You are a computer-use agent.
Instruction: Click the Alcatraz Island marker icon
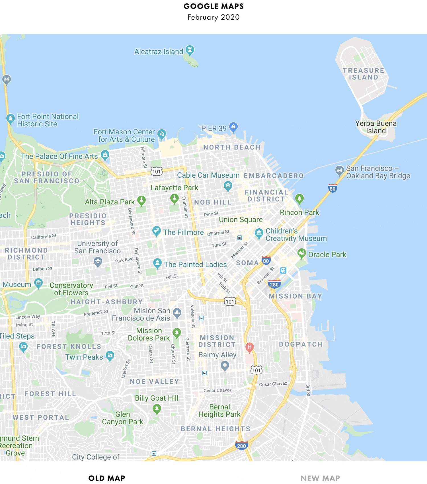[x=190, y=50]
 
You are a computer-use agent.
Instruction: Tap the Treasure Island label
[x=364, y=74]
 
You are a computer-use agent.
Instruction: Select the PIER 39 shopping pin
[x=233, y=127]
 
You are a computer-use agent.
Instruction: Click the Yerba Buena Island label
[x=376, y=127]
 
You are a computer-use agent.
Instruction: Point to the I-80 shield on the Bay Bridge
[x=332, y=188]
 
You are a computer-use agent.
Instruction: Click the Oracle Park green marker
[x=301, y=253]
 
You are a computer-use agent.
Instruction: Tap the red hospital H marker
[x=249, y=347]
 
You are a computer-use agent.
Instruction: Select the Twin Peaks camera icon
[x=110, y=356]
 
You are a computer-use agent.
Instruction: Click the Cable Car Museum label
[x=208, y=175]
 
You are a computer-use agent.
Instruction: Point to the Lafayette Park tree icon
[x=174, y=198]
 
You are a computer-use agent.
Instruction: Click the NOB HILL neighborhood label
[x=213, y=202]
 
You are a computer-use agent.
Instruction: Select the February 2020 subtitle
[x=213, y=17]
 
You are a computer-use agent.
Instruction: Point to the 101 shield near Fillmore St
[x=156, y=171]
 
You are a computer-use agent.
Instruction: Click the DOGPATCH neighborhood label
[x=301, y=344]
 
